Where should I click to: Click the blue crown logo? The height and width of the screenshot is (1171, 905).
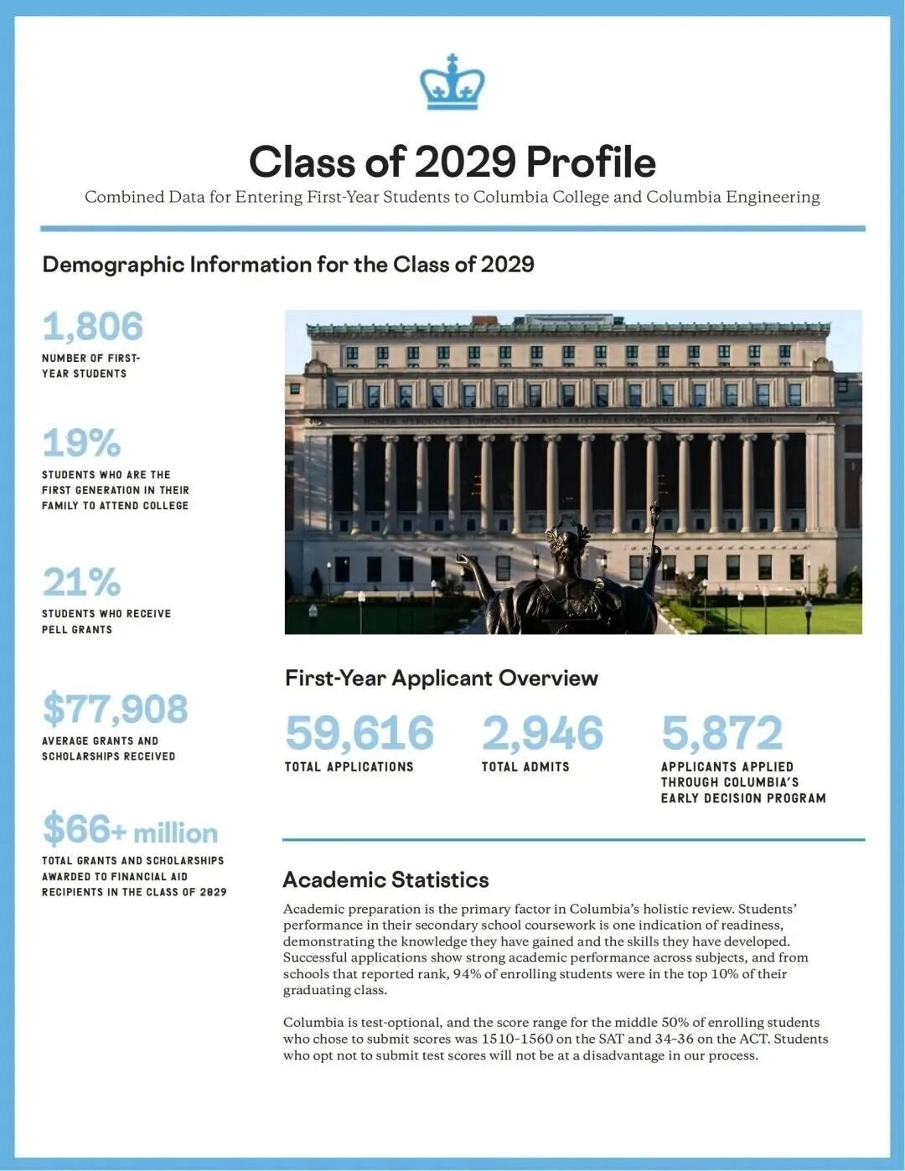(x=452, y=83)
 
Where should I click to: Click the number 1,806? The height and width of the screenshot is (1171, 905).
(x=93, y=327)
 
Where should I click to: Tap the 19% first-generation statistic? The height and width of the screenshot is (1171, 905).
(x=81, y=443)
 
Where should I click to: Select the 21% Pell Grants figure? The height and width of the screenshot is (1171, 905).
(x=81, y=582)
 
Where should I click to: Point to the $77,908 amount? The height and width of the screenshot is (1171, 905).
(x=116, y=709)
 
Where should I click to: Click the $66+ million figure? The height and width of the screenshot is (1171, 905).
(x=130, y=830)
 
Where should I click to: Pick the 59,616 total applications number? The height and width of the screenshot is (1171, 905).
(x=359, y=733)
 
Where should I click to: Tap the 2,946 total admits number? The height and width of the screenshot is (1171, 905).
(x=542, y=733)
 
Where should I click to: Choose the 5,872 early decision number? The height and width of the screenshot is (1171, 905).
(x=721, y=733)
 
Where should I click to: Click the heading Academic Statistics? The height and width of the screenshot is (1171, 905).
(x=385, y=880)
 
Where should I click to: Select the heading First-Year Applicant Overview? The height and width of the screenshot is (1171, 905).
(x=441, y=678)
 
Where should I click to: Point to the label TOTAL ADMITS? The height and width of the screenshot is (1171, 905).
(x=525, y=766)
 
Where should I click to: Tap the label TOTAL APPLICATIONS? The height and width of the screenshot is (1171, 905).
(x=349, y=766)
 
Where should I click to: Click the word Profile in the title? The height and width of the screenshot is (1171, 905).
(x=591, y=162)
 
